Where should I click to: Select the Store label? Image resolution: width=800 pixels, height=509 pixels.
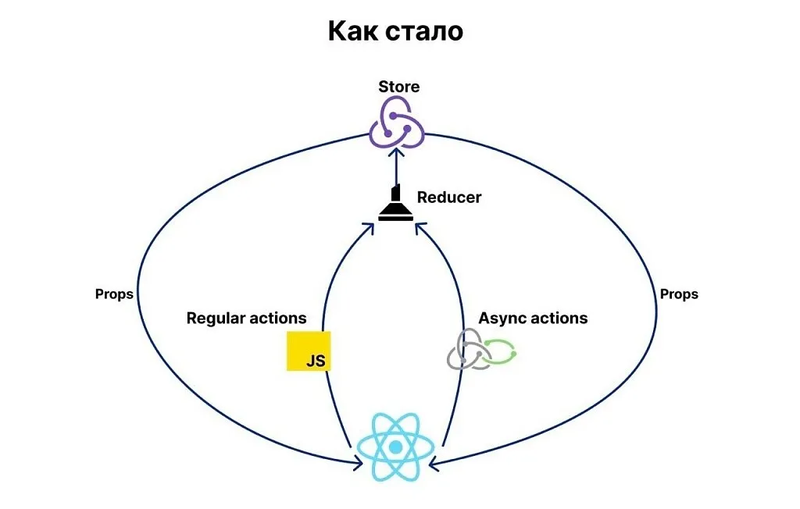(x=398, y=87)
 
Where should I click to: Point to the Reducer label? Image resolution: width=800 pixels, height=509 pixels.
(x=449, y=198)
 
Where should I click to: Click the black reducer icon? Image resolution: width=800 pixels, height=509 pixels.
(x=396, y=205)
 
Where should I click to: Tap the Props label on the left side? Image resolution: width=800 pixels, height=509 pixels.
(x=114, y=294)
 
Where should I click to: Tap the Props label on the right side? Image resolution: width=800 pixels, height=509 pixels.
(x=679, y=294)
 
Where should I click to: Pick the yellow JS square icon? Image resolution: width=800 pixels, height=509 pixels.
(x=309, y=351)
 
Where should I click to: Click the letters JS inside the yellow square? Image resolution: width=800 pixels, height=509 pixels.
(x=316, y=361)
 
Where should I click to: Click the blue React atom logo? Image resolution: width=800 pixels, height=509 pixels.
(x=395, y=447)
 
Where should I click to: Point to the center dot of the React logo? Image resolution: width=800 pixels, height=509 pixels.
(x=395, y=447)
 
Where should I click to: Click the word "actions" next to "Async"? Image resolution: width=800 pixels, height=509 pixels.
(x=559, y=319)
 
